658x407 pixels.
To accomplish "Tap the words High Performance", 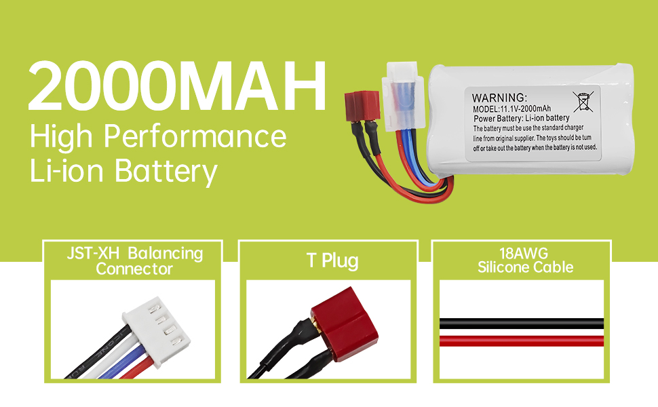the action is click(158, 137).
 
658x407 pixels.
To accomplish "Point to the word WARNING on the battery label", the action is click(498, 98).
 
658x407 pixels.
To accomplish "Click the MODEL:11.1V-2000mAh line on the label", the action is click(511, 109).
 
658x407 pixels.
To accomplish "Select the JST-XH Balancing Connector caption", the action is click(134, 260).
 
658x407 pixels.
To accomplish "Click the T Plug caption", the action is click(332, 260).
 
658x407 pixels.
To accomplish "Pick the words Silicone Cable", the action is click(525, 267).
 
